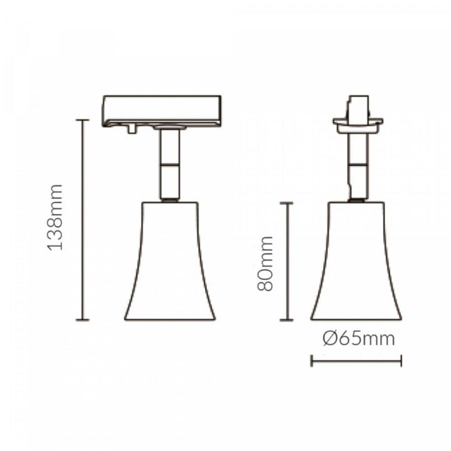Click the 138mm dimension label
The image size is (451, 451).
(x=57, y=217)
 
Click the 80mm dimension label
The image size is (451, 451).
(x=266, y=263)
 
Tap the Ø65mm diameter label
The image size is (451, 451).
(x=359, y=340)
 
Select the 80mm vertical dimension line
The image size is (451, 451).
(x=287, y=261)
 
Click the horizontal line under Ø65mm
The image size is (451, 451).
(x=356, y=361)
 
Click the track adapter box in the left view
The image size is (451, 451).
(x=162, y=110)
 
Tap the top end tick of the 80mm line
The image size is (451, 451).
(x=287, y=203)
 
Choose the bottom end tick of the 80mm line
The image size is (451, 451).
(x=287, y=319)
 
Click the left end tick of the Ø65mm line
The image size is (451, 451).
(x=311, y=361)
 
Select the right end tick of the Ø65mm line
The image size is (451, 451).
(x=401, y=361)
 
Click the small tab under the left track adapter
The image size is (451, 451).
(x=131, y=128)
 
